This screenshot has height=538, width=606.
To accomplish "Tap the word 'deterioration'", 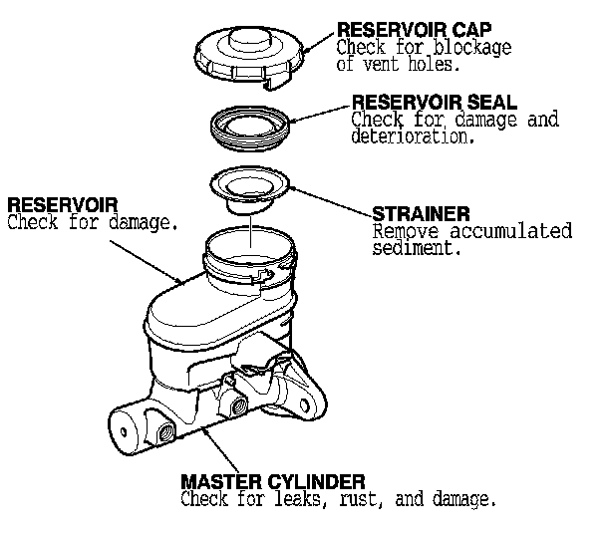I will click(x=411, y=137).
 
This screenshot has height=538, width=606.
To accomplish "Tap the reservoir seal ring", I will click(x=251, y=126).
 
